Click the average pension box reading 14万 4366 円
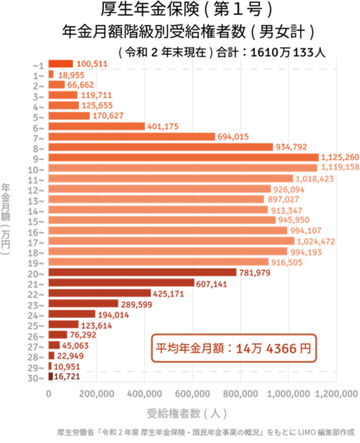[233, 348]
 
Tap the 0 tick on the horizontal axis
[49, 394]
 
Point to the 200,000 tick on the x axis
[97, 394]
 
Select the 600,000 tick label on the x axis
[193, 394]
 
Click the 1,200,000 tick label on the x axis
[337, 394]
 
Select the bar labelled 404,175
[97, 126]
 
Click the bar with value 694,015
[132, 136]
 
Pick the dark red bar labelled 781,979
[142, 272]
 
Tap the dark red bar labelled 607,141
[121, 282]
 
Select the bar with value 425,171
[100, 293]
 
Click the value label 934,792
[291, 147]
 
